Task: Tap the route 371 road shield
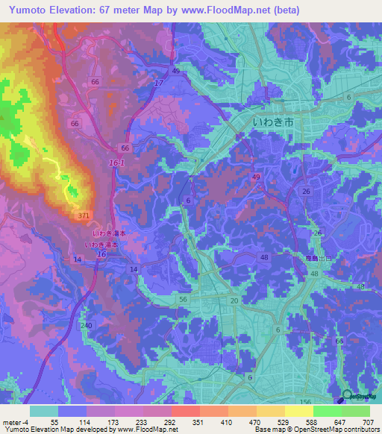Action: click(x=85, y=215)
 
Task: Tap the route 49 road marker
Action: click(x=256, y=177)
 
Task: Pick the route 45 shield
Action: click(x=176, y=71)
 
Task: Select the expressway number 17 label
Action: click(x=158, y=82)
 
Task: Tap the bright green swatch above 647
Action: click(x=327, y=411)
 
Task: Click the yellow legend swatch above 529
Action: click(x=270, y=411)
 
